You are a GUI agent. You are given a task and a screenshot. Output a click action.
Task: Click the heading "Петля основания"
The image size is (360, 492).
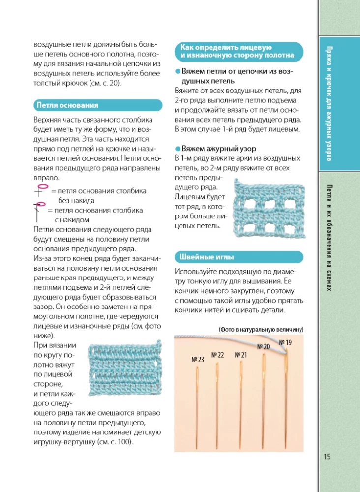point(66,105)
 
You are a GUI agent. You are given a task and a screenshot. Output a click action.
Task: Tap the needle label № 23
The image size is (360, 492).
point(197,360)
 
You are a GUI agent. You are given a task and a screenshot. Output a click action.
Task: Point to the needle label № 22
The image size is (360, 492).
point(217,355)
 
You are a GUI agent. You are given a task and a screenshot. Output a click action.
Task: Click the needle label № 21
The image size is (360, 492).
point(240,355)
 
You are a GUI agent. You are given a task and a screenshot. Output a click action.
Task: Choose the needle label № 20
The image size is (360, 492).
point(263,347)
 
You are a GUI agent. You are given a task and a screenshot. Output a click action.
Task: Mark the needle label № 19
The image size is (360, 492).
point(285,342)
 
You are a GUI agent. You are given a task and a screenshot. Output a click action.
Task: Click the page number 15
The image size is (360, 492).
point(328,457)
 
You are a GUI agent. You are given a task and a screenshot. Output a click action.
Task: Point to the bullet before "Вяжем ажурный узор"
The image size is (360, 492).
point(178,148)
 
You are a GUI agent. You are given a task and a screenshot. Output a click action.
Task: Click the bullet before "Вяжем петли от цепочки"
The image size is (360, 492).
point(178,71)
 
